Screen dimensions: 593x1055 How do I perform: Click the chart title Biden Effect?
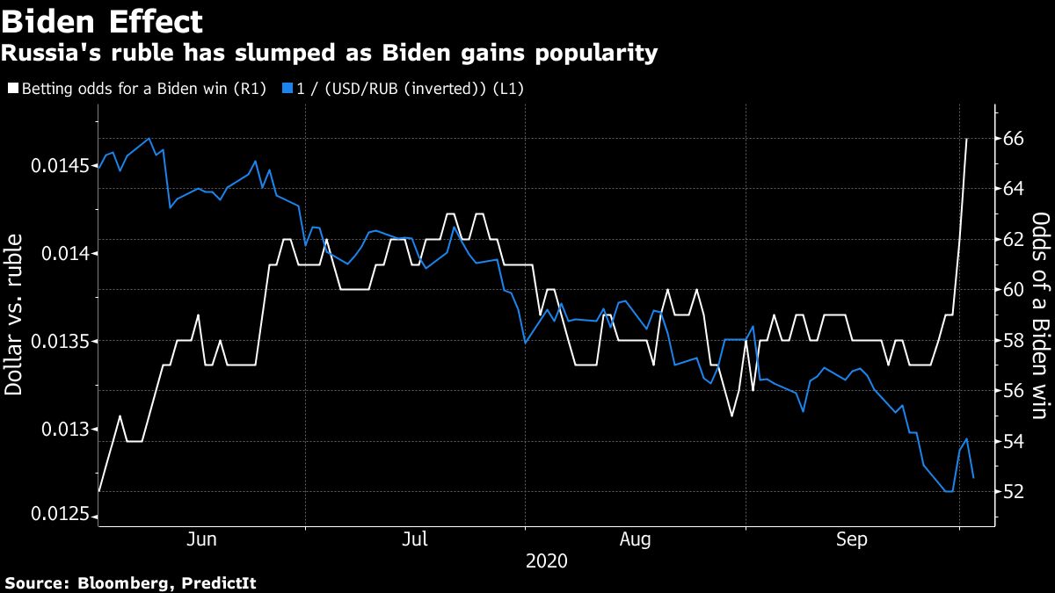point(102,21)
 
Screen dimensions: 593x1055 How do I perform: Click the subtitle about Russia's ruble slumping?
point(329,54)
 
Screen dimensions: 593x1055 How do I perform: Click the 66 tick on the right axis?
point(1014,139)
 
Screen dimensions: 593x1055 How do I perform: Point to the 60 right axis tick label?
point(1014,290)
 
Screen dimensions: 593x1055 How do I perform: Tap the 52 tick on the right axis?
point(1014,491)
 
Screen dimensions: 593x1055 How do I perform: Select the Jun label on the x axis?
point(202,539)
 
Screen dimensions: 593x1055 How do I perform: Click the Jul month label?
point(414,539)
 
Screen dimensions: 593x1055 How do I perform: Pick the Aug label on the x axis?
point(635,539)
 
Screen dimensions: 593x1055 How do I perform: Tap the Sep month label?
point(851,539)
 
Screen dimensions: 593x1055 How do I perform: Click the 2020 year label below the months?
point(546,560)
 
